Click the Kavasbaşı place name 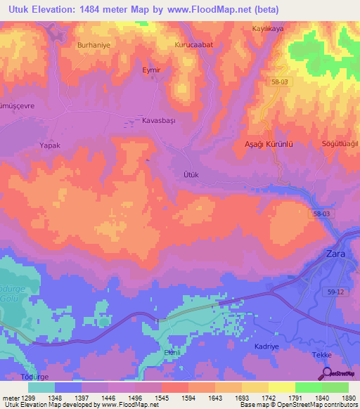click(x=158, y=120)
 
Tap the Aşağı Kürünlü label click(x=267, y=143)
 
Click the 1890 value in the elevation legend click(x=348, y=398)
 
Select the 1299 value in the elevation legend click(x=27, y=398)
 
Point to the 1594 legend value click(x=188, y=398)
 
